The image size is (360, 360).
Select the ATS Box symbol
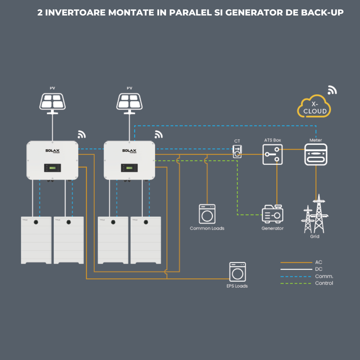tap(273, 154)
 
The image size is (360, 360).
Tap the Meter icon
tap(316, 154)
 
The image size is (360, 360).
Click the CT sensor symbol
tap(237, 151)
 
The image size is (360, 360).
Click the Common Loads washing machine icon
tap(207, 214)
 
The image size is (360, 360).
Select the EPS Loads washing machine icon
tap(238, 272)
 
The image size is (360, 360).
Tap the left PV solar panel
tap(53, 101)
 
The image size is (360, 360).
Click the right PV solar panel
tap(130, 101)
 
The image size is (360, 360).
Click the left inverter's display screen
tap(53, 168)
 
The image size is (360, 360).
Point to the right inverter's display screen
tap(130, 168)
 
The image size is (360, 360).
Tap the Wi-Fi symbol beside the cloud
tap(332, 90)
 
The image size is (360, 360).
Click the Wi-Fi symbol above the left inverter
tap(82, 135)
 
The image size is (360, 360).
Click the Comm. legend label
tap(324, 276)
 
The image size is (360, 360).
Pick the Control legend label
tap(324, 283)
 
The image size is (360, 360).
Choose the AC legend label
tap(319, 262)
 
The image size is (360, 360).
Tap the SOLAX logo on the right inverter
tap(129, 151)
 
